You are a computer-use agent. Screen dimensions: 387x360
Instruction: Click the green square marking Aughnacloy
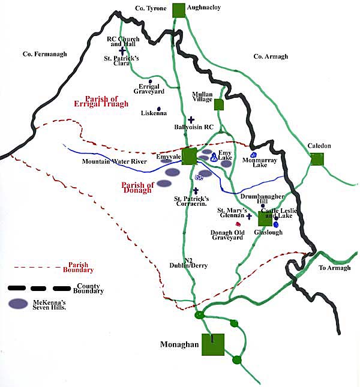pos(178,10)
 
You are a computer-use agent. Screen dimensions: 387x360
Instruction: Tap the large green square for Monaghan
pos(212,345)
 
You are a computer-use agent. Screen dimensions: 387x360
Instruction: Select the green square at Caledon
pos(317,159)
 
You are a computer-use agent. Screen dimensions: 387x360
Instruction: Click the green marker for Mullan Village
pos(219,104)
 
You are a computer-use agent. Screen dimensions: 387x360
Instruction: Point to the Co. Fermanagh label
pos(44,54)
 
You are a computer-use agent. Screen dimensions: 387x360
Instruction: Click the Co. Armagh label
pos(271,56)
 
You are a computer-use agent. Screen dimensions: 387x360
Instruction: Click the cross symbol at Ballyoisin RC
pos(191,120)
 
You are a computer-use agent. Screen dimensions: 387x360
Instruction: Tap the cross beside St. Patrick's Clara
pos(123,50)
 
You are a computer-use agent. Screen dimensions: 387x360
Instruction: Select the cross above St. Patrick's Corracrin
pos(196,190)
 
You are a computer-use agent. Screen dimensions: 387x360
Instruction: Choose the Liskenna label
pos(154,113)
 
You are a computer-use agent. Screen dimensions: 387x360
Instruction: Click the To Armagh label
pos(334,268)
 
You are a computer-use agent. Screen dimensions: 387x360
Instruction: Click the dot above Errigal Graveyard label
pos(151,81)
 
